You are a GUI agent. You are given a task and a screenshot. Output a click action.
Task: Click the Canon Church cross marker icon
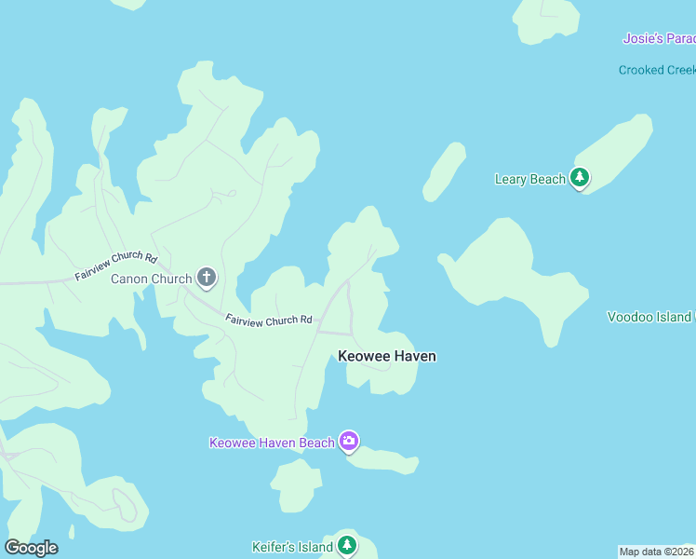tap(207, 278)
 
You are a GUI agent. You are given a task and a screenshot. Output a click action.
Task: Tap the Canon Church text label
tap(152, 279)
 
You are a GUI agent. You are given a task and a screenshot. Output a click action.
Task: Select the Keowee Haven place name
tap(387, 356)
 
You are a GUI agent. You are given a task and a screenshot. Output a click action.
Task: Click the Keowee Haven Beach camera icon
tap(349, 441)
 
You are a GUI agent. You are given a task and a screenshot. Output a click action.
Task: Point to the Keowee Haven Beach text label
tap(272, 443)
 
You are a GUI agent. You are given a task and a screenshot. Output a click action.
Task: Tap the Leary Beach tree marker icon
tap(580, 177)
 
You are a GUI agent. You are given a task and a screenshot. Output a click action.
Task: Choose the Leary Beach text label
tap(529, 179)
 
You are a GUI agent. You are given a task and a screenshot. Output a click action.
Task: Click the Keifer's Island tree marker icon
tap(346, 545)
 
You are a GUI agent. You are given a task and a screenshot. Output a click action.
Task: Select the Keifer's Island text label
tap(292, 547)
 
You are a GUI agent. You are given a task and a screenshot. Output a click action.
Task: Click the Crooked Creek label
tap(656, 71)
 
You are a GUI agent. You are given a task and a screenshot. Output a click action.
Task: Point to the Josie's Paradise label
tap(658, 38)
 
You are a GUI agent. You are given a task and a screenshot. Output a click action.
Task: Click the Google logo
tap(31, 548)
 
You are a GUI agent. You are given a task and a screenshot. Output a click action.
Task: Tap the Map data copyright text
tap(656, 552)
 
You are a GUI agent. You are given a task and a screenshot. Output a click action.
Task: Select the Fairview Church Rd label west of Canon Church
tap(116, 267)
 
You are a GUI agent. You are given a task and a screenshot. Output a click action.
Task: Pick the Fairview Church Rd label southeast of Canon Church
tap(268, 320)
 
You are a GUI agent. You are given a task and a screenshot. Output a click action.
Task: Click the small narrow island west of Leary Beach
tap(444, 171)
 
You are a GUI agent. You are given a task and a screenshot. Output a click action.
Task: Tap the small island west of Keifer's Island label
tap(297, 485)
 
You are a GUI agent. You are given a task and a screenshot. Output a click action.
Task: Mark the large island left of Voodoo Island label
tap(511, 270)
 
